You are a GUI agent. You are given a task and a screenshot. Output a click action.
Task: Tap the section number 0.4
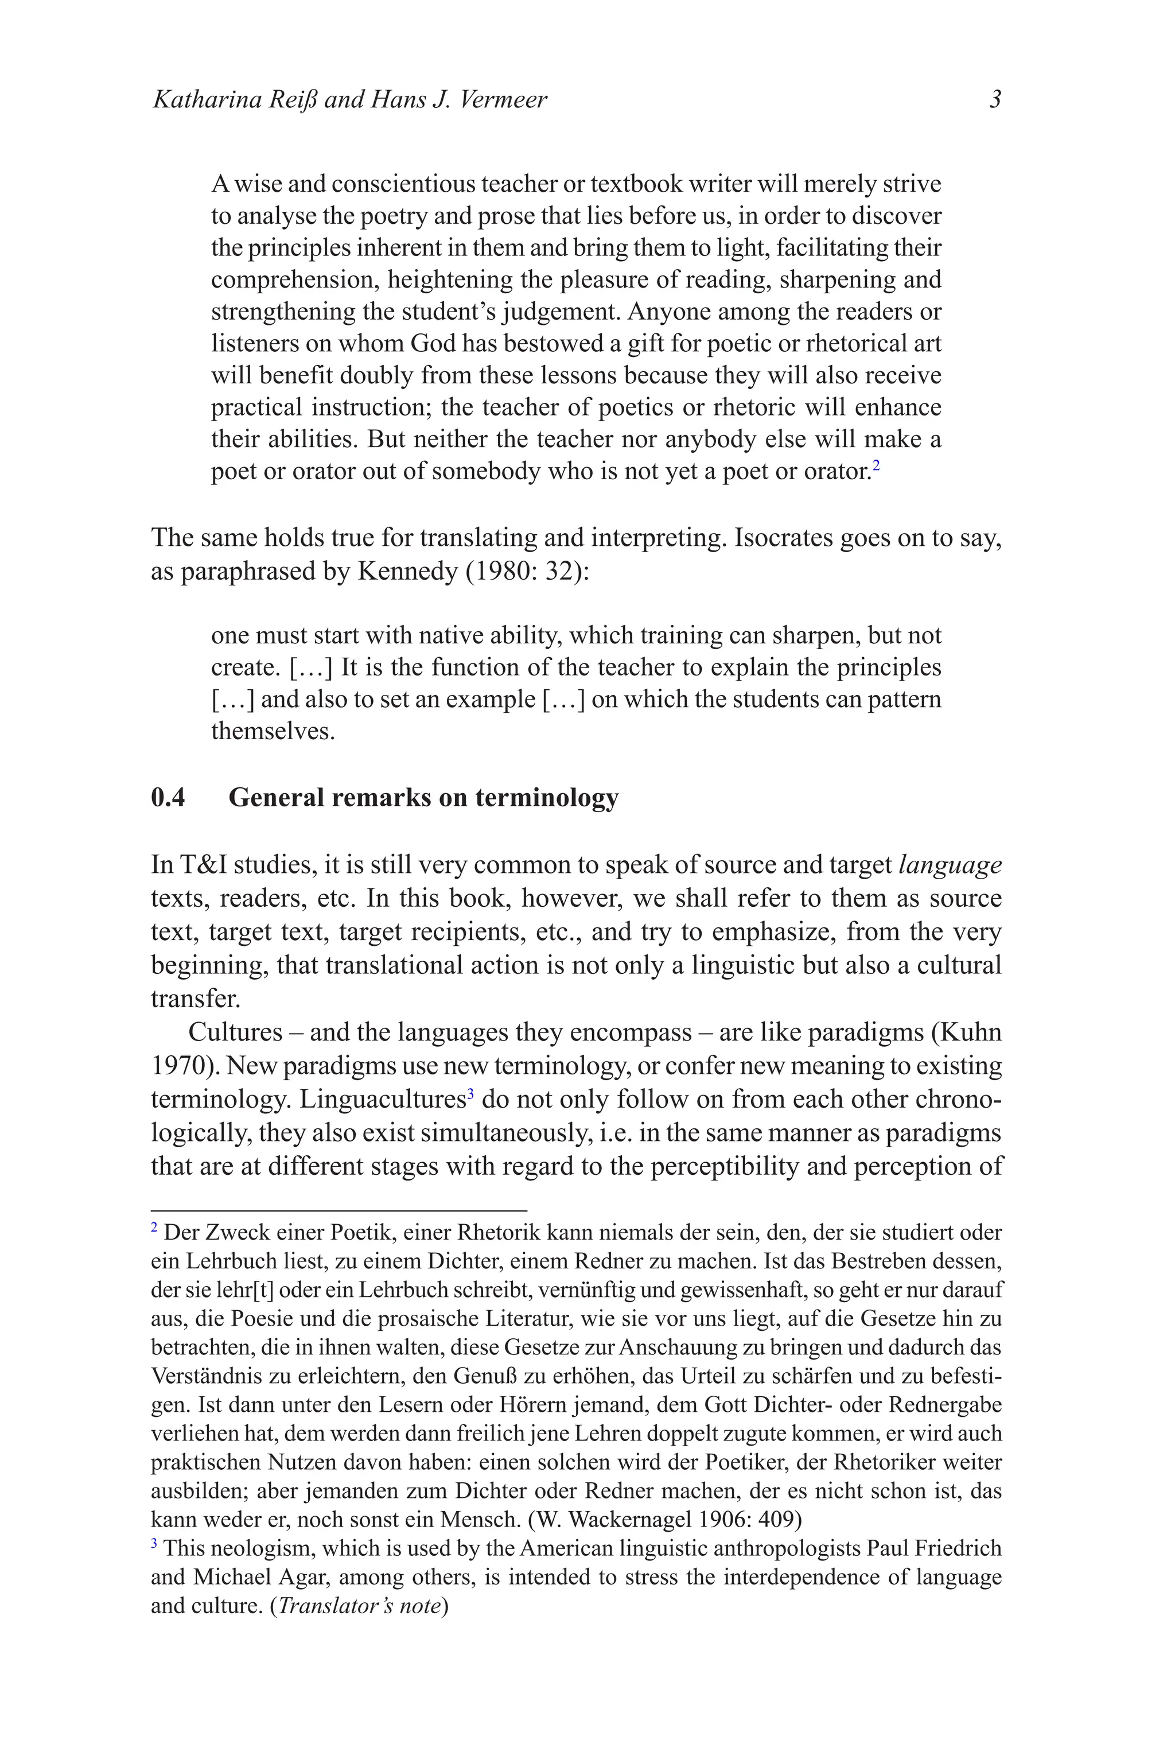168,798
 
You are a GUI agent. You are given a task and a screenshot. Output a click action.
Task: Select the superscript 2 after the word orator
876,465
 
